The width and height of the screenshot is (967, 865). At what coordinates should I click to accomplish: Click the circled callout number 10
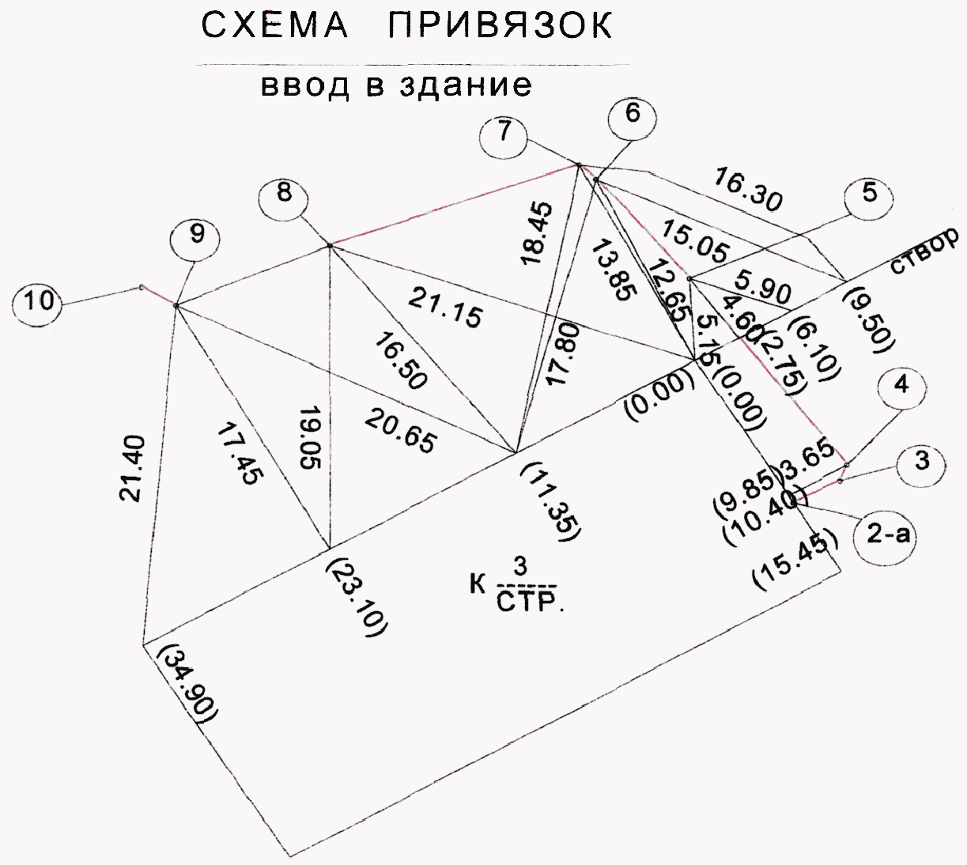[39, 302]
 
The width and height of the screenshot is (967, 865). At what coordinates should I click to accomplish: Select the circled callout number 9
[198, 235]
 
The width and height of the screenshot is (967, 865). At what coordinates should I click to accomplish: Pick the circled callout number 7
[504, 134]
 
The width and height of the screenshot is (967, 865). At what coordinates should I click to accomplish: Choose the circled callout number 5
[870, 195]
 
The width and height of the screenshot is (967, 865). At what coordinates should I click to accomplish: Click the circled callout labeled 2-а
[889, 535]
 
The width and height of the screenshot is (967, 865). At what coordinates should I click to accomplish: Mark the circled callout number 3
[921, 461]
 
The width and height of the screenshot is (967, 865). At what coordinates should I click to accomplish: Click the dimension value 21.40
[133, 468]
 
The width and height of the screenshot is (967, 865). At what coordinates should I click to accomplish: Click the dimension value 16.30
[748, 190]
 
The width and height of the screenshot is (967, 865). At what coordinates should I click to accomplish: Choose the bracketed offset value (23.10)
[356, 595]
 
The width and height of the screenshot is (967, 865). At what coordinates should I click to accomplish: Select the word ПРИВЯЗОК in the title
[500, 27]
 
